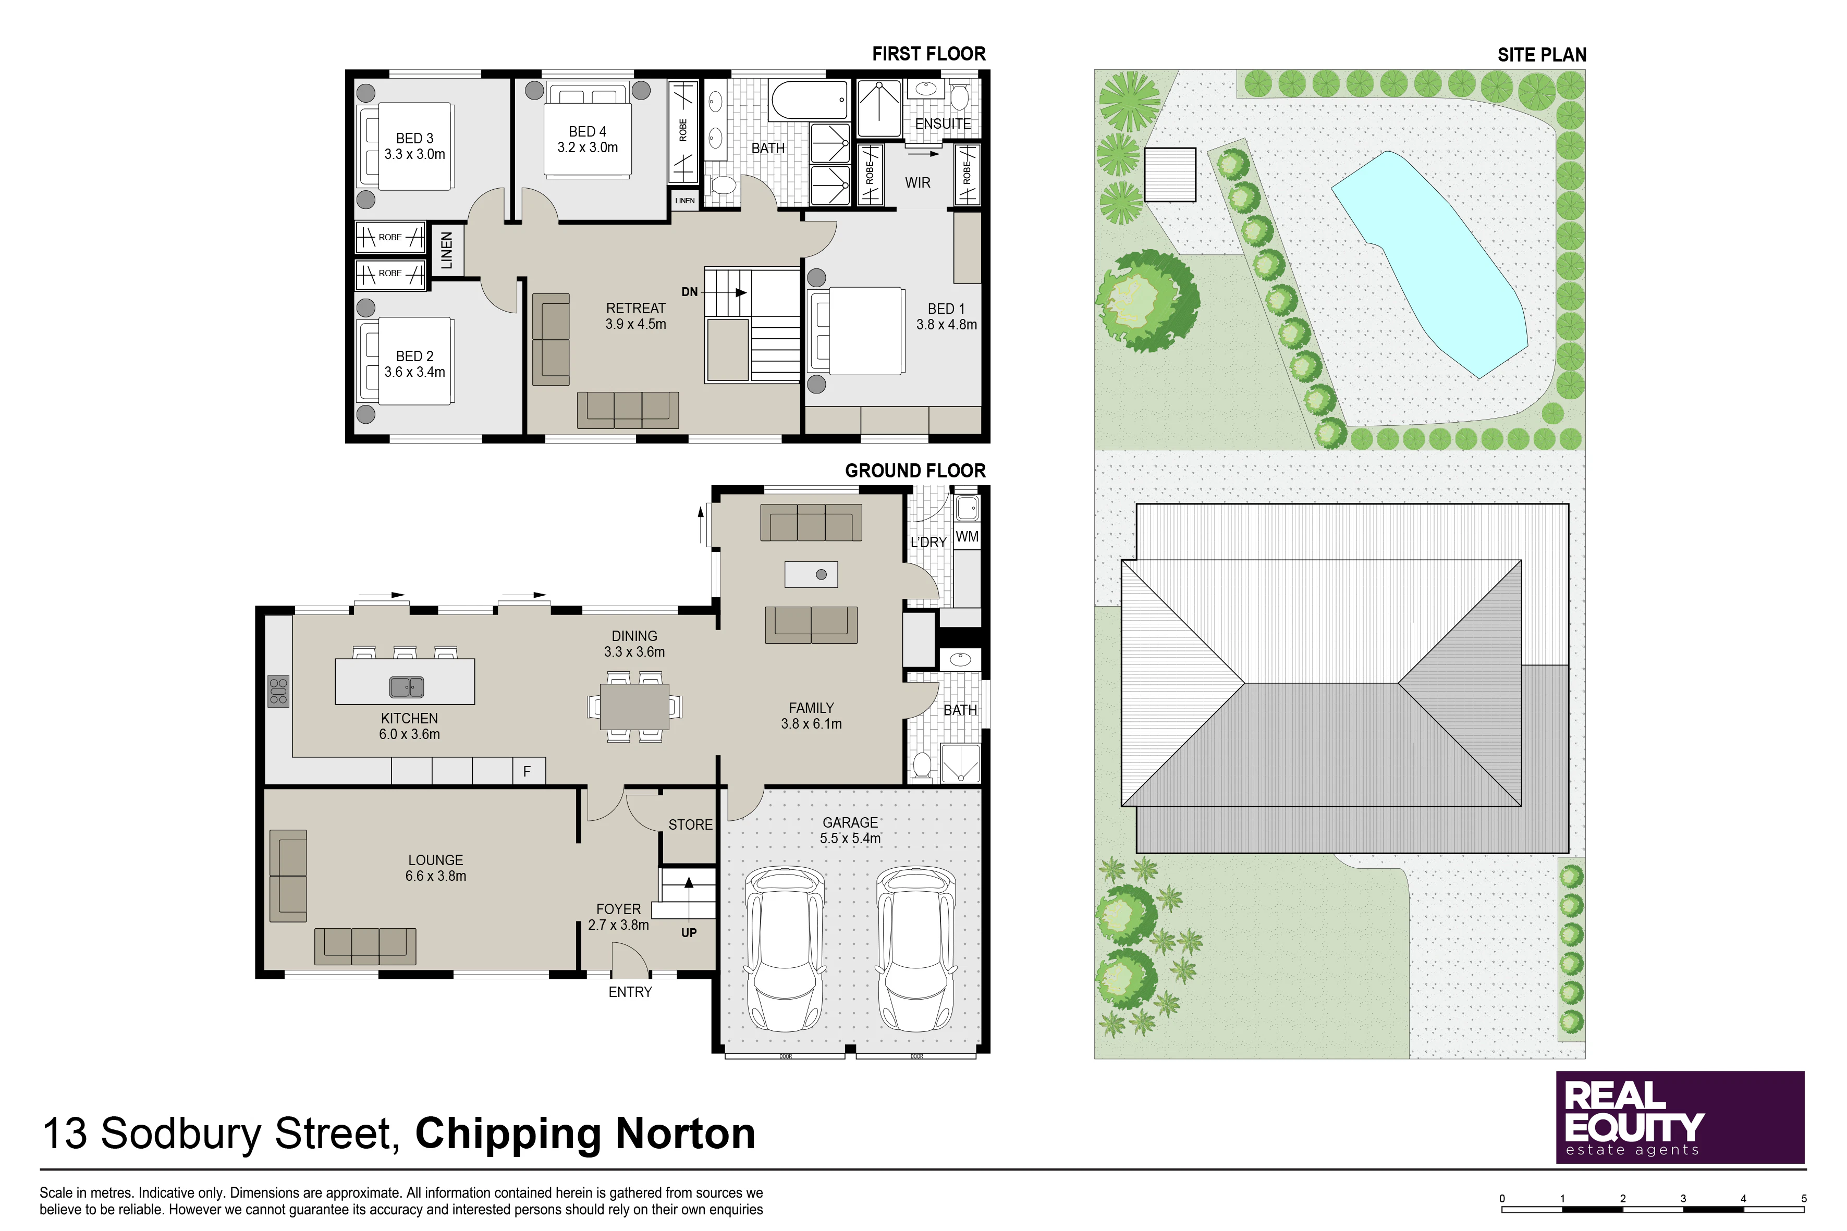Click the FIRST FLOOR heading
(928, 54)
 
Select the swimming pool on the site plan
(1429, 263)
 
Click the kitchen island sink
(407, 687)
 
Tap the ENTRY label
(630, 992)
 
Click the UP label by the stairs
(689, 933)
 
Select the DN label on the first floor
(690, 292)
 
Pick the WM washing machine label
(968, 537)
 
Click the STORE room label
(690, 825)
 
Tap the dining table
(634, 707)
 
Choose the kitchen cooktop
(278, 692)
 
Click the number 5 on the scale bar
(1804, 1199)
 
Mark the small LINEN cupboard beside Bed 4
(685, 200)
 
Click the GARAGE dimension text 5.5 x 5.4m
(850, 839)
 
